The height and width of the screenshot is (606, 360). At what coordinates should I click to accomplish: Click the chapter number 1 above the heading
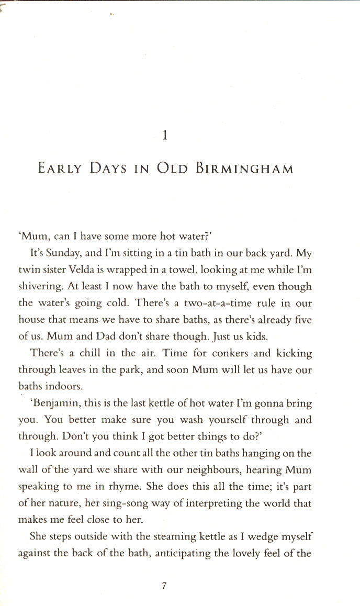click(x=165, y=136)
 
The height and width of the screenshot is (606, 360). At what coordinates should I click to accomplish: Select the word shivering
click(x=40, y=287)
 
